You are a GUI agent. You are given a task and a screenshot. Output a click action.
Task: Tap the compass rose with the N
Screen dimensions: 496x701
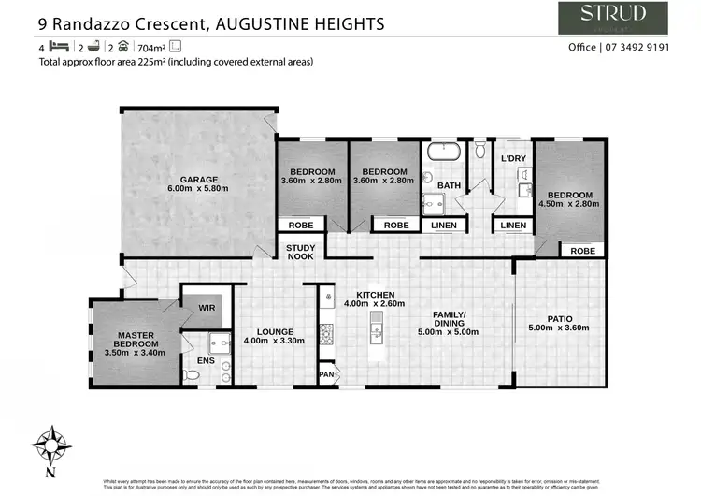(52, 446)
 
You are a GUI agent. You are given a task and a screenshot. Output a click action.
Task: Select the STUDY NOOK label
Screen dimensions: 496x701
(300, 252)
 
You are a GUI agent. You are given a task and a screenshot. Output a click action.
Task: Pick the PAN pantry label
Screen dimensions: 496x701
(326, 375)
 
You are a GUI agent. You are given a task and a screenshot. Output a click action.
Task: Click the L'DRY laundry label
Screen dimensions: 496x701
(513, 158)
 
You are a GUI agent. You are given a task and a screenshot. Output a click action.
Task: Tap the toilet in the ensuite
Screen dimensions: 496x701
(192, 375)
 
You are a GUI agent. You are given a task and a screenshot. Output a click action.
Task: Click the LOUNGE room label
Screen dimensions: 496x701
(275, 331)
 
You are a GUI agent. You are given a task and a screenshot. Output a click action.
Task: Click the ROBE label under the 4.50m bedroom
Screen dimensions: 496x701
(582, 251)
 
